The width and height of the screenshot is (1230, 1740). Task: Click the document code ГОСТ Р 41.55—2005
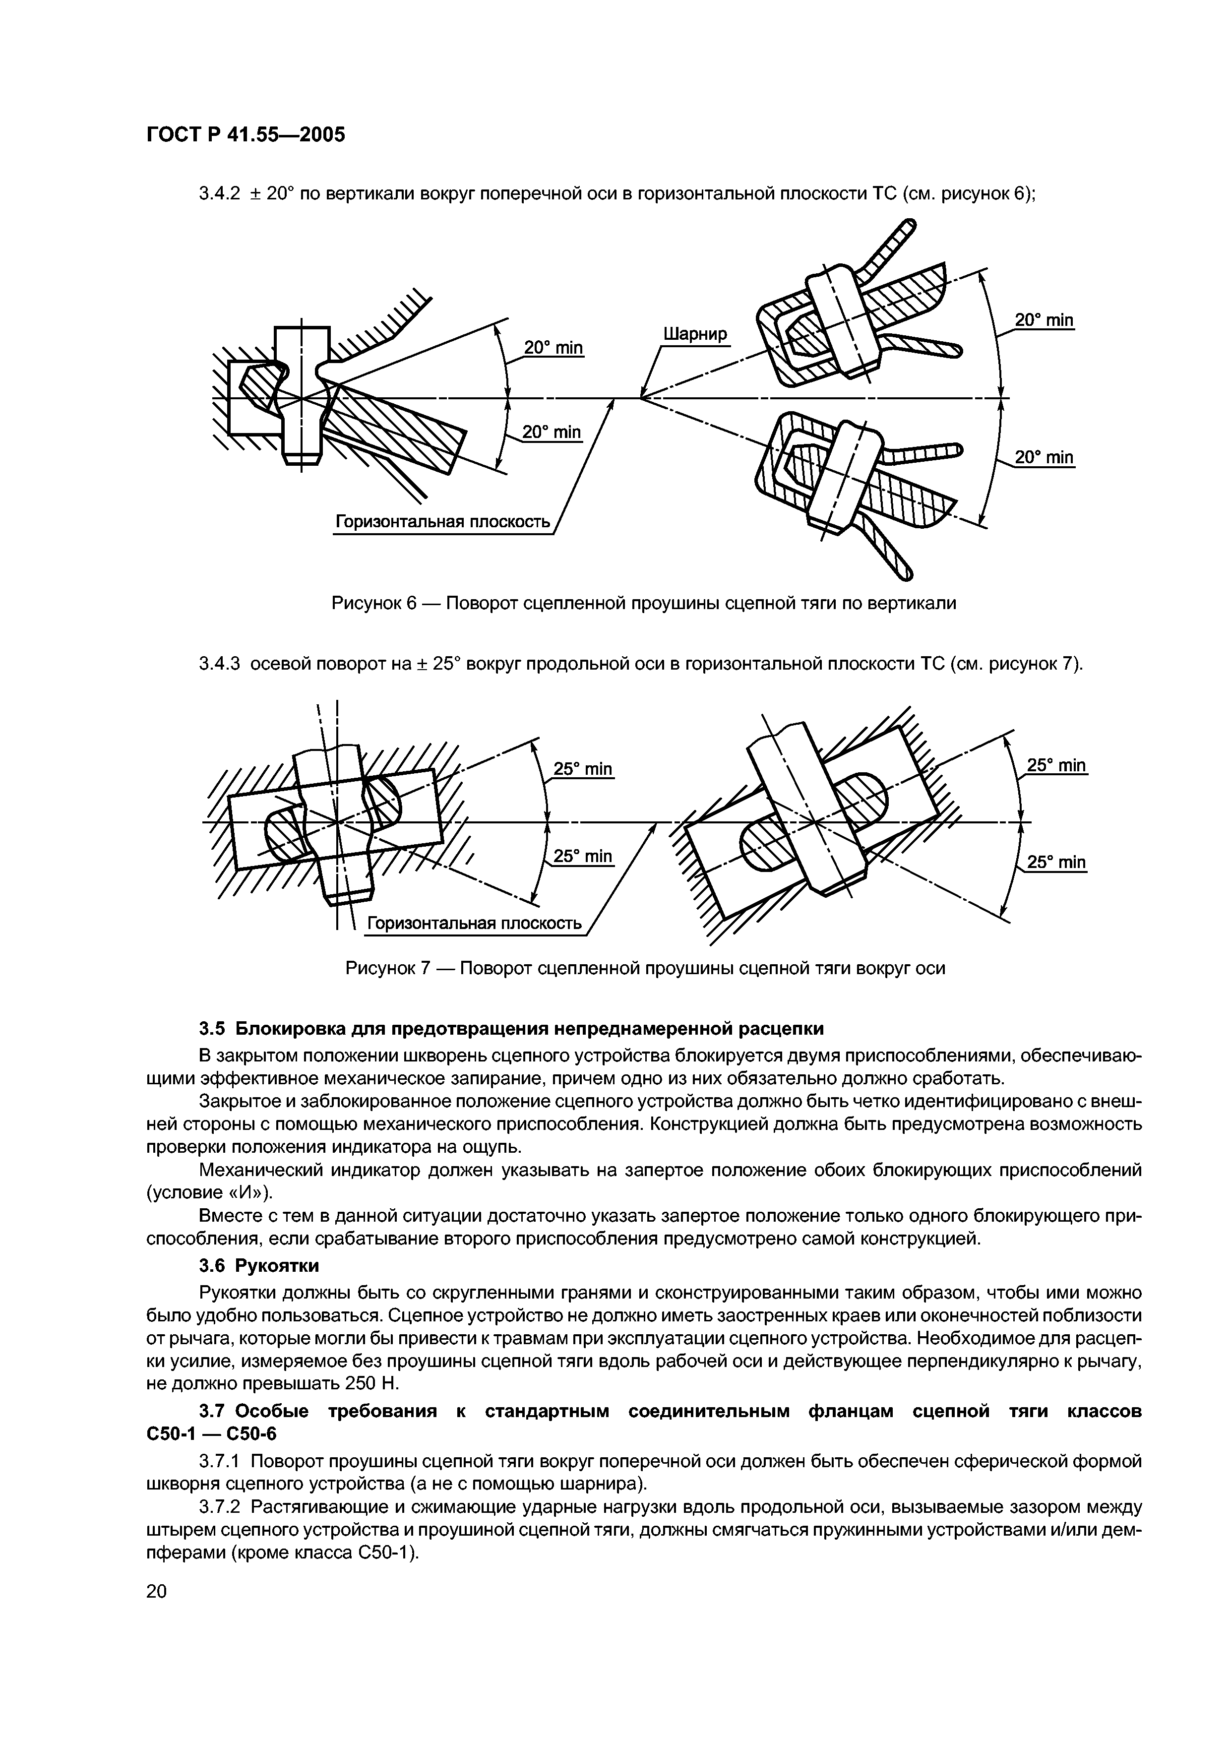tap(245, 135)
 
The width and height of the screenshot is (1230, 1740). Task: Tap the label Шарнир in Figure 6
tap(694, 334)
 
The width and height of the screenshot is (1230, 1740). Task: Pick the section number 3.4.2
tap(219, 194)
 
